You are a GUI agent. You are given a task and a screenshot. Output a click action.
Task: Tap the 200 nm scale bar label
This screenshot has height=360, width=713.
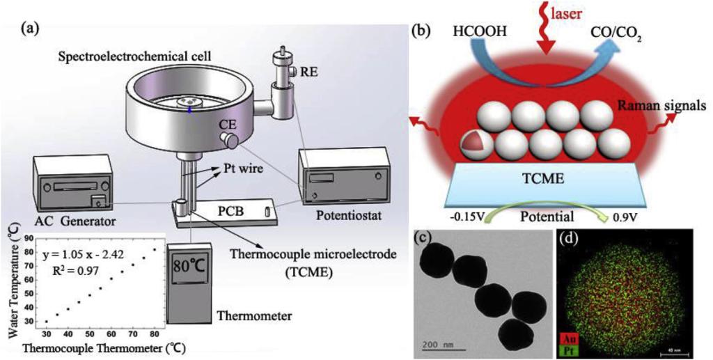442,343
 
